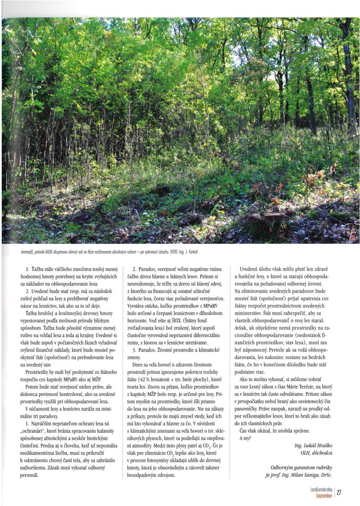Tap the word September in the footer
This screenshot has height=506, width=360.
324,495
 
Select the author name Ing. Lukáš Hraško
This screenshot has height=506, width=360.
312,445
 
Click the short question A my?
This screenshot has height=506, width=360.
245,438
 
